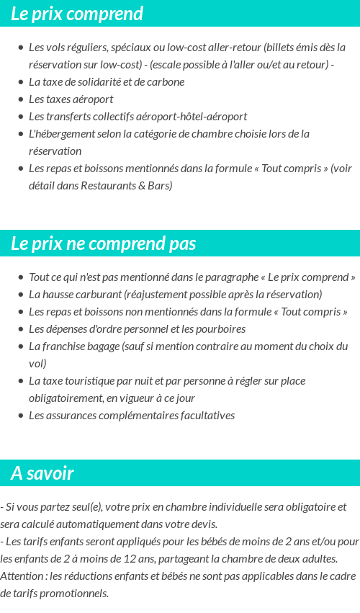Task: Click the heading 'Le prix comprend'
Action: point(77,14)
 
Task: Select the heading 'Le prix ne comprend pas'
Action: point(103,243)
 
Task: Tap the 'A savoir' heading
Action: point(42,473)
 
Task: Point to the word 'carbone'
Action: point(166,82)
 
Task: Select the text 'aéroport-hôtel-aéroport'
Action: point(190,116)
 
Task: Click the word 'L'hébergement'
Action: point(60,133)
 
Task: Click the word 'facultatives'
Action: point(204,415)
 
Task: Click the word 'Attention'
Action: point(22,576)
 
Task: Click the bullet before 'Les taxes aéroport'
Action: point(20,99)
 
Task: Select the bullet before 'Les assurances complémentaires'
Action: point(20,416)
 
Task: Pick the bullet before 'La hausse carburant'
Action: point(20,295)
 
